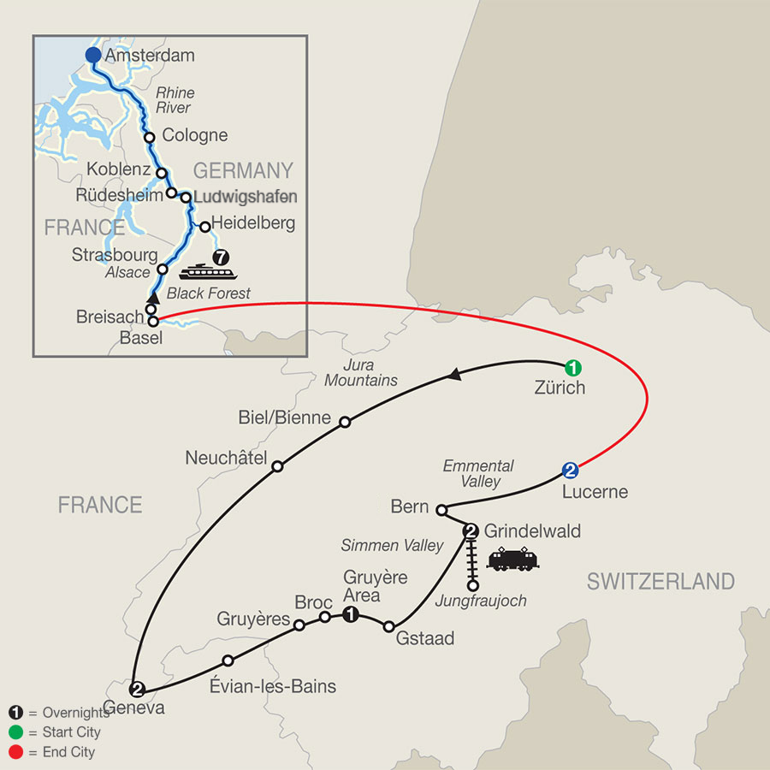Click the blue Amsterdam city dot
click(x=93, y=56)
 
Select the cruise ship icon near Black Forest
click(x=206, y=271)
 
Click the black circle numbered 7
click(x=222, y=255)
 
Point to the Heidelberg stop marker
click(x=204, y=227)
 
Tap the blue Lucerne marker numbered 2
click(x=571, y=470)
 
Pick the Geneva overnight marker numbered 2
click(x=135, y=688)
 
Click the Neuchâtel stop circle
click(x=277, y=466)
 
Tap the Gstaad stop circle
click(x=390, y=626)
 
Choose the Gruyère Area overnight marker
click(x=350, y=614)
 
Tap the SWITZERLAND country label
click(x=660, y=583)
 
